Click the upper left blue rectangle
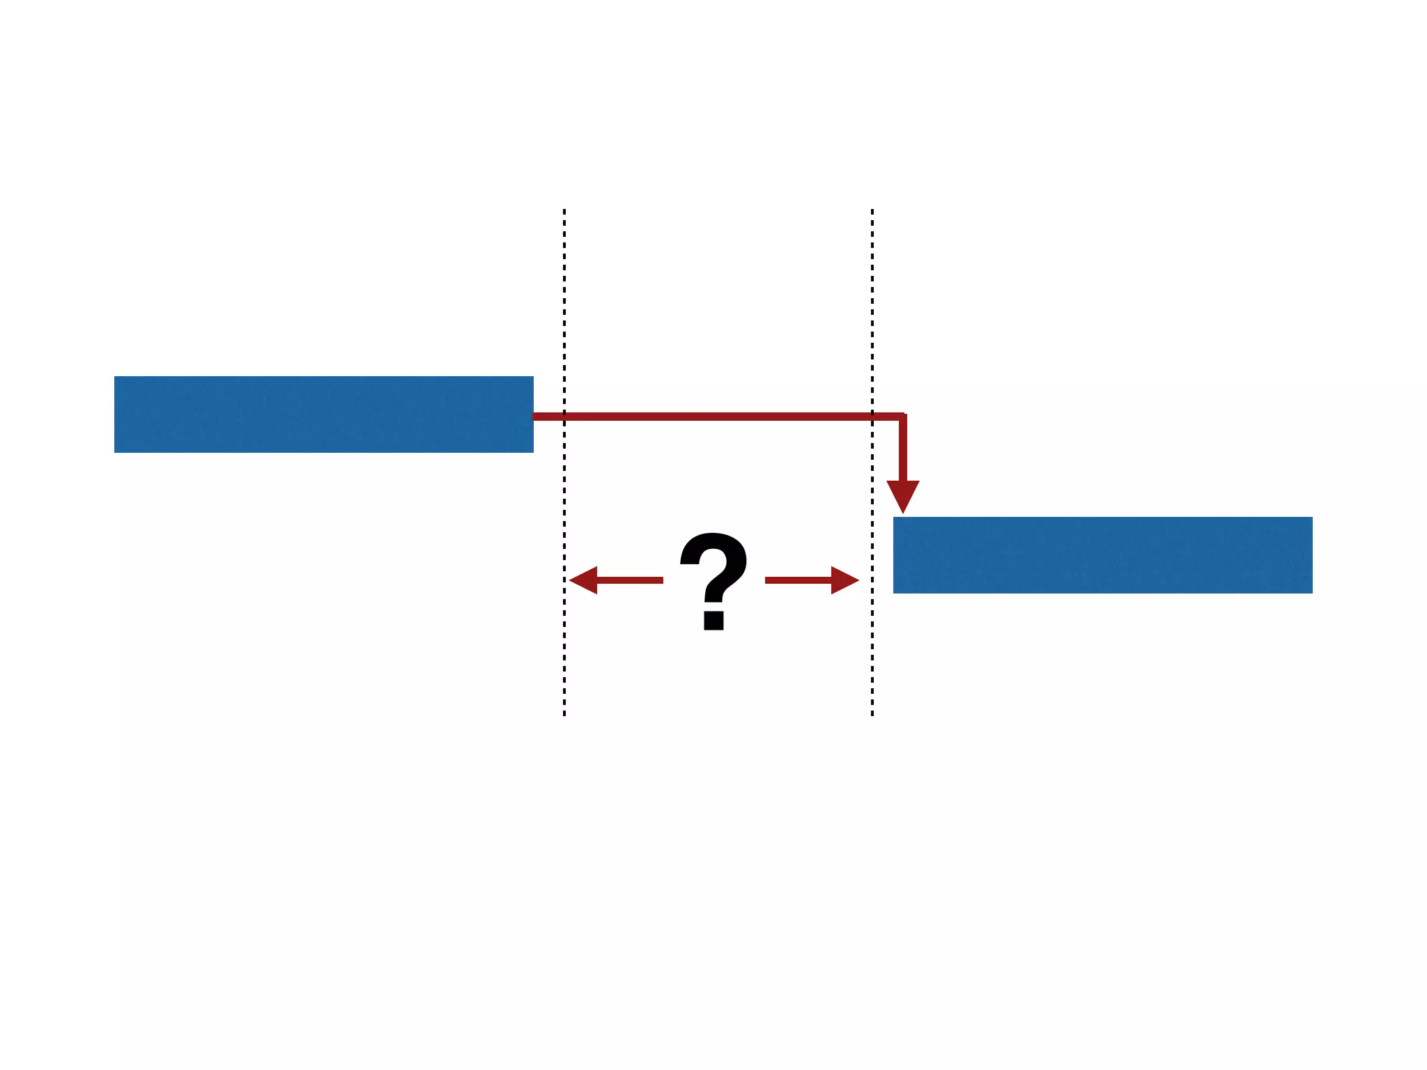pos(323,414)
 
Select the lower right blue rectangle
pos(1102,555)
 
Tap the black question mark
pos(713,571)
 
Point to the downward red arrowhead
pos(903,495)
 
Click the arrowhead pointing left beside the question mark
pos(584,580)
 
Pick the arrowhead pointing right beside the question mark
pos(844,580)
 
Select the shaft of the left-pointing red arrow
pos(630,580)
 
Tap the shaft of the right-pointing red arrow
pos(799,580)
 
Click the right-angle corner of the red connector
pos(903,417)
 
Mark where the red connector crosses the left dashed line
pos(564,417)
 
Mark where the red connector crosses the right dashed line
pos(872,417)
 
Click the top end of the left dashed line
pos(564,210)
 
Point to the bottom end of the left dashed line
pos(564,714)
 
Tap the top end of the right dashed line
pos(872,210)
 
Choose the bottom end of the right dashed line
pos(872,714)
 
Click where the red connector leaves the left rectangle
pos(535,417)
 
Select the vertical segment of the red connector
pos(903,449)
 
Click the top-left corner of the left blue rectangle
pos(115,377)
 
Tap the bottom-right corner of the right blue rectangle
pos(1312,593)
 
